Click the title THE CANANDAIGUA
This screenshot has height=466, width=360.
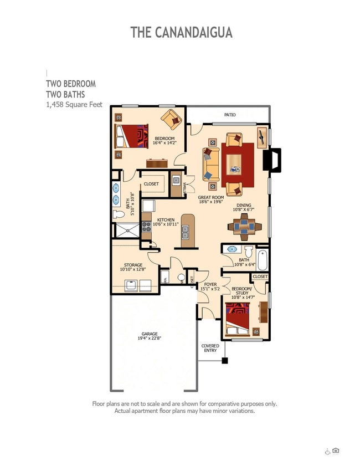coord(181,32)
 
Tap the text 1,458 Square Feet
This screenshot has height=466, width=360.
coord(74,104)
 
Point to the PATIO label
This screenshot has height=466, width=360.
coord(230,115)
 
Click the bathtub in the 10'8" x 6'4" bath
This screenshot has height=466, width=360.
coord(262,260)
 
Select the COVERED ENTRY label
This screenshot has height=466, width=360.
coord(210,348)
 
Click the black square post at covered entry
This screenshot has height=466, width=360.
coord(225,361)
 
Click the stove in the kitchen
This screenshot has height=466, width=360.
coord(146,226)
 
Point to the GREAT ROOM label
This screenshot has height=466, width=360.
coord(211,197)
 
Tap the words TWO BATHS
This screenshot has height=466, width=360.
coord(65,94)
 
